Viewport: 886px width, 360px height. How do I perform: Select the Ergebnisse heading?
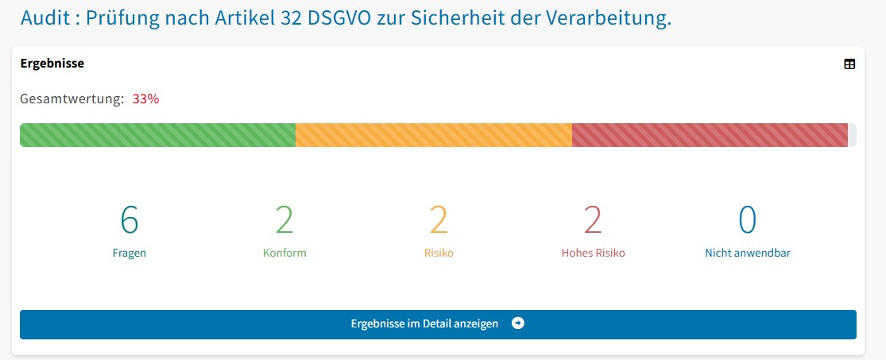click(52, 64)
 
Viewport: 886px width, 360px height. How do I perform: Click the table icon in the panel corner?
click(849, 64)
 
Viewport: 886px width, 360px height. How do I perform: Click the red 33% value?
click(145, 99)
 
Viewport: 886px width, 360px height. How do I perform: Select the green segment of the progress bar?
click(157, 135)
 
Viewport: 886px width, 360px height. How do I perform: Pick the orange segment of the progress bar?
click(433, 135)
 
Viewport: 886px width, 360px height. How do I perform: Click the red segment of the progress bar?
click(709, 135)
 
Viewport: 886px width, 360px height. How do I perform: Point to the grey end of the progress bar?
click(852, 135)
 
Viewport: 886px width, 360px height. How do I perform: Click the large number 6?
click(130, 220)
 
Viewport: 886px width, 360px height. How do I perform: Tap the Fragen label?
click(130, 254)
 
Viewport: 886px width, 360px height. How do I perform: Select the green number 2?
click(284, 220)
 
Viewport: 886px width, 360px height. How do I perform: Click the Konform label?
click(284, 254)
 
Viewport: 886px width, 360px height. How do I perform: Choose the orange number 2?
click(439, 220)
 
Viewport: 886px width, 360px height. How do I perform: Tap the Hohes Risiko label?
click(593, 254)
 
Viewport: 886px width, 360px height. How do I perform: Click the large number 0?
click(747, 220)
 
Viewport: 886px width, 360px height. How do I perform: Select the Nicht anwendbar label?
click(747, 254)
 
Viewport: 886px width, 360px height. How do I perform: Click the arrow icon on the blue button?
click(518, 323)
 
